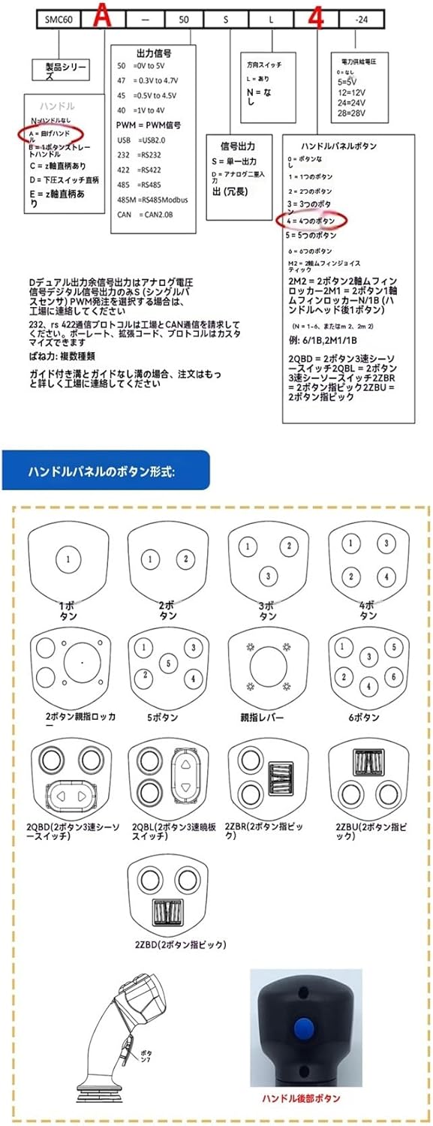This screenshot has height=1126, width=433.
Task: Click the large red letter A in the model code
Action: pyautogui.click(x=101, y=18)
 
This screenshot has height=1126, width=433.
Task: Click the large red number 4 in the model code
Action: pyautogui.click(x=316, y=18)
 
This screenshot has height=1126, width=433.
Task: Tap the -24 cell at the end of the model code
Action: pyautogui.click(x=362, y=19)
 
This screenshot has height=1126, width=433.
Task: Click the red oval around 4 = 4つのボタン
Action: pyautogui.click(x=311, y=221)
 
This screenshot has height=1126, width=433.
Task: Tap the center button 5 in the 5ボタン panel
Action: pyautogui.click(x=169, y=663)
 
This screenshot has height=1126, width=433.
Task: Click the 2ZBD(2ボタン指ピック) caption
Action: pyautogui.click(x=181, y=944)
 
